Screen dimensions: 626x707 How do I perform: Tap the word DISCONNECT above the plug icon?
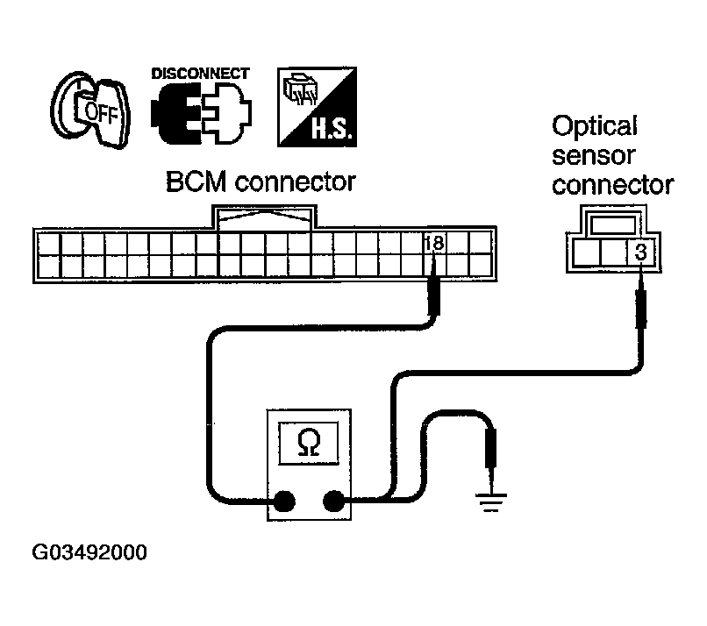[200, 74]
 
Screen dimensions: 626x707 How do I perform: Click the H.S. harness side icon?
[314, 107]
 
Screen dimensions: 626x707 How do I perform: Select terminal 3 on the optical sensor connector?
[640, 254]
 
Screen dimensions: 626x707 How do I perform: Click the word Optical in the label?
[594, 126]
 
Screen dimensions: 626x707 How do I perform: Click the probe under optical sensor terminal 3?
[641, 302]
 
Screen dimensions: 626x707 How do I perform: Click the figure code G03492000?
[89, 554]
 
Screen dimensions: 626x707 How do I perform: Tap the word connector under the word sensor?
[612, 186]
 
